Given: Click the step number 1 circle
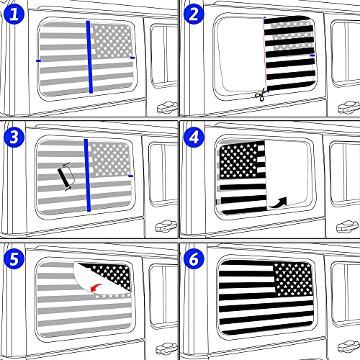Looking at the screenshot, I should (x=12, y=12).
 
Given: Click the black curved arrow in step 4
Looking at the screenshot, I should (x=279, y=201).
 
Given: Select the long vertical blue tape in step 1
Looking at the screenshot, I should (x=89, y=57).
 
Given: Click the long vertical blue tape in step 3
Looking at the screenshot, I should (x=86, y=174).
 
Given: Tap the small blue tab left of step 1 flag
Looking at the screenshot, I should (x=37, y=61).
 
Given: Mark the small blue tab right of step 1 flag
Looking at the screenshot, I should (x=133, y=57).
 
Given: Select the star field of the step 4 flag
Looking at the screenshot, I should (x=236, y=158).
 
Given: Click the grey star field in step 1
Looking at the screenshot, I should (x=110, y=40).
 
